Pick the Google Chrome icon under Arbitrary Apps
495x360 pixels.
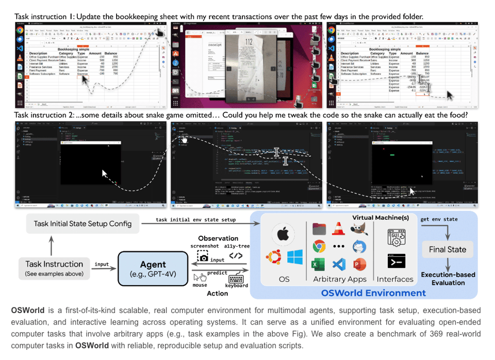pos(319,246)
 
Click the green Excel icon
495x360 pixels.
pos(319,264)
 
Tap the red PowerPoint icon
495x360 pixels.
pos(359,264)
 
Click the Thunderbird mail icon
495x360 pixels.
pos(359,246)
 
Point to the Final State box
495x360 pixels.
pos(447,250)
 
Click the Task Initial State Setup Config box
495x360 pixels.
pos(82,224)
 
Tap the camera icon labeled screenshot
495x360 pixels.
pos(204,257)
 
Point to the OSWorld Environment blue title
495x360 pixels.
pos(373,293)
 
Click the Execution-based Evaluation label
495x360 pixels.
pos(448,279)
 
